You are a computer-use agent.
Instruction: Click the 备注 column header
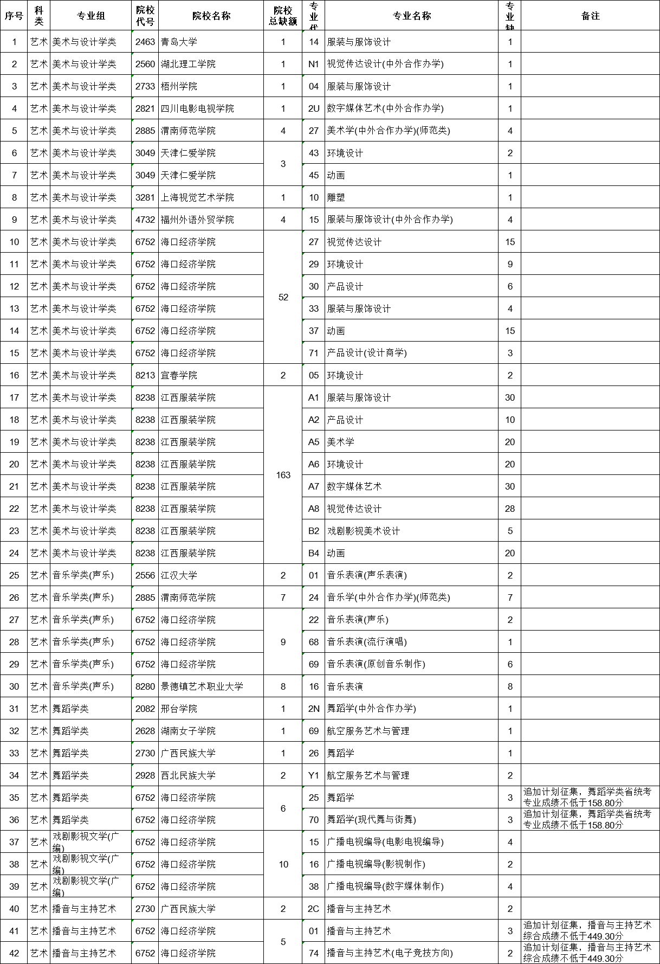(x=590, y=16)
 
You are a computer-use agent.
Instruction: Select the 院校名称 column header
(x=211, y=16)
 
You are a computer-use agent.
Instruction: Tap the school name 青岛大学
(x=179, y=42)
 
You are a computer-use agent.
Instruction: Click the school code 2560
(x=145, y=64)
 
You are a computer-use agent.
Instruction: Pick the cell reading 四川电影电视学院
(x=197, y=108)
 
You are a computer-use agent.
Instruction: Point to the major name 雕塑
(x=336, y=197)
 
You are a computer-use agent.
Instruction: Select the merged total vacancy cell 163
(x=283, y=475)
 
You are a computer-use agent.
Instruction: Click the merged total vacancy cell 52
(x=283, y=297)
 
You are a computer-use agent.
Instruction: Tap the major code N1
(x=314, y=64)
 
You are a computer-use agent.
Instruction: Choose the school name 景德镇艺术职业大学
(x=202, y=686)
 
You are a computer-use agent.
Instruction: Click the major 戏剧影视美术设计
(x=364, y=531)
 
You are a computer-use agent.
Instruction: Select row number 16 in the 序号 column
(x=14, y=375)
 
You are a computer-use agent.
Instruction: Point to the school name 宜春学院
(x=179, y=375)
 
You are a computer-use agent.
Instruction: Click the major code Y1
(x=314, y=775)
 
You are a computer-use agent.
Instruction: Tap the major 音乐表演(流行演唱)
(x=367, y=642)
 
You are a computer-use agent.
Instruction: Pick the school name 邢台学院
(x=179, y=709)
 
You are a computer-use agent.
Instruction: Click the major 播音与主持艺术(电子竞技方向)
(x=390, y=953)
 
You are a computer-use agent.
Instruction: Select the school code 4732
(x=145, y=220)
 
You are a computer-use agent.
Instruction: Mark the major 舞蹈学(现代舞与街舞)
(x=372, y=820)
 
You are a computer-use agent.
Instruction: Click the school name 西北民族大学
(x=188, y=775)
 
